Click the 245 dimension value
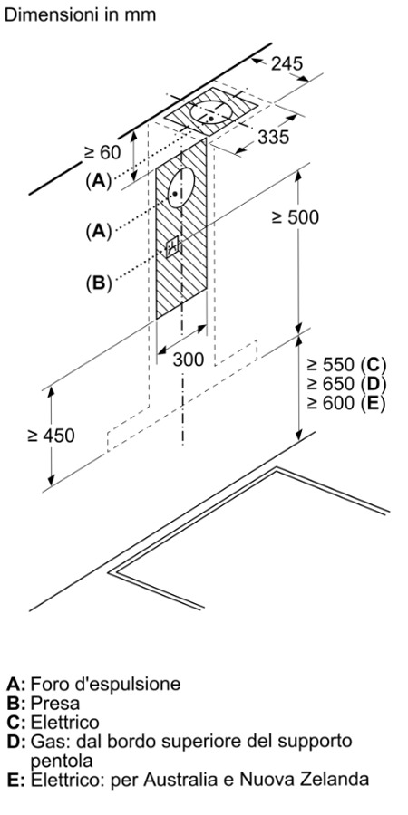287,63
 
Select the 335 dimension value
273,138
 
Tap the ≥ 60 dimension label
102,152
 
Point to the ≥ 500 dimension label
295,217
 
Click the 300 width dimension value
189,360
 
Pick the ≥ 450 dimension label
51,435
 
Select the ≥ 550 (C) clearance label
346,364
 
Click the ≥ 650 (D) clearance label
346,384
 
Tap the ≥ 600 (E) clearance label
345,403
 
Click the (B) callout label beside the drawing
99,283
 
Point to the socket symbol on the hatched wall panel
172,246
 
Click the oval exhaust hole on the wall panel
181,187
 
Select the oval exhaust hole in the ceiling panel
211,113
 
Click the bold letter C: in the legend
15,723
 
